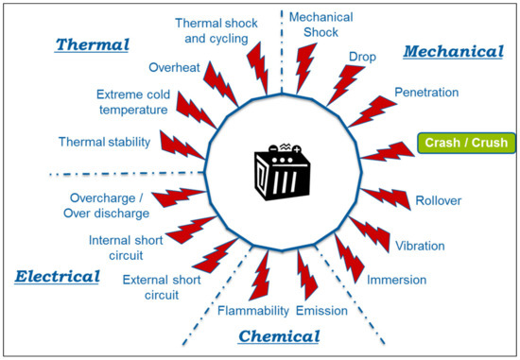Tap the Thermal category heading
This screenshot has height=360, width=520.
[x=92, y=44]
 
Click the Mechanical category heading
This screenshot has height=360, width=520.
[x=454, y=51]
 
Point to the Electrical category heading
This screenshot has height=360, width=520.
[x=57, y=277]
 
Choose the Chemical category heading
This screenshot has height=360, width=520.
[x=279, y=335]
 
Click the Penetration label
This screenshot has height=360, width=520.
[x=425, y=93]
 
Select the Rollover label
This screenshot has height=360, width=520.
[x=439, y=201]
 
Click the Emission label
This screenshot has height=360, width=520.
[x=323, y=310]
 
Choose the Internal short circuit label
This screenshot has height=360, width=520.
[x=127, y=247]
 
